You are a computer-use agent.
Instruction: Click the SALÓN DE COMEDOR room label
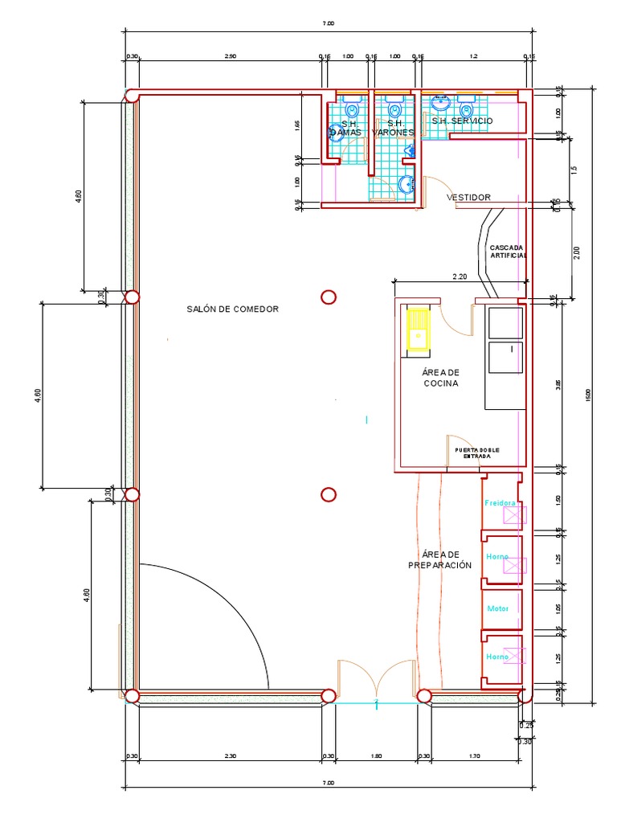click(x=232, y=309)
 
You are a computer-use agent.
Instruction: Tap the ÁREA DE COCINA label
click(x=440, y=378)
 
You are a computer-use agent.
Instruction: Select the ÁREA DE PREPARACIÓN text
click(x=439, y=560)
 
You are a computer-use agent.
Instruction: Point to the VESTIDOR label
click(x=468, y=197)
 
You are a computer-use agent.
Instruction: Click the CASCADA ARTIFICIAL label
click(x=507, y=252)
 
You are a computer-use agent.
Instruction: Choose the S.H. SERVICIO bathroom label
click(x=462, y=121)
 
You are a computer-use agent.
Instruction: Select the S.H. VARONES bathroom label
click(x=394, y=128)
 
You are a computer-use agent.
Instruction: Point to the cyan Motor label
click(x=498, y=608)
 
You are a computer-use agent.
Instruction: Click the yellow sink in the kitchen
click(x=418, y=330)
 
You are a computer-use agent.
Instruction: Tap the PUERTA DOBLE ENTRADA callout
click(x=476, y=452)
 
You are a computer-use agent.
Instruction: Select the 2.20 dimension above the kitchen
click(x=460, y=276)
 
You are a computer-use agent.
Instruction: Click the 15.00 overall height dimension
click(x=588, y=394)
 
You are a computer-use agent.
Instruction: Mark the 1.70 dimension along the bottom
click(x=473, y=756)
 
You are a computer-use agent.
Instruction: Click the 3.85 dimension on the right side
click(x=559, y=384)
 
